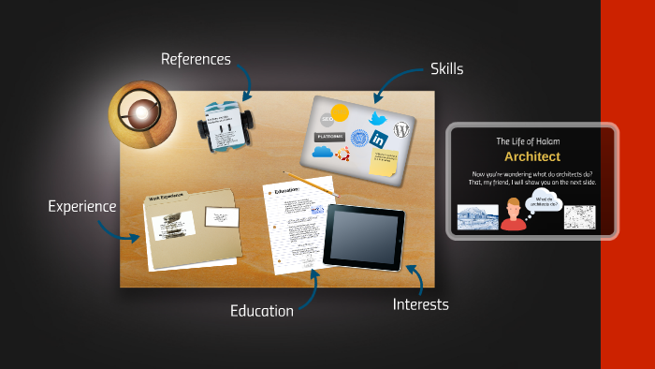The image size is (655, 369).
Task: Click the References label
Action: pyautogui.click(x=196, y=60)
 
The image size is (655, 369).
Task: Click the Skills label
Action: pyautogui.click(x=446, y=68)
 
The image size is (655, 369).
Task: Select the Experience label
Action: pyautogui.click(x=82, y=206)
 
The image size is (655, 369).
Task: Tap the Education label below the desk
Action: pyautogui.click(x=262, y=310)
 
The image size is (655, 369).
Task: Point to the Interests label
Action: pyautogui.click(x=420, y=304)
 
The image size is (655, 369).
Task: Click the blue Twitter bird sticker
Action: pyautogui.click(x=378, y=119)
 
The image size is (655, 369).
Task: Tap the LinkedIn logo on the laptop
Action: pyautogui.click(x=379, y=139)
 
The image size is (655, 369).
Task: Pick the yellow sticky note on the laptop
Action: pyautogui.click(x=383, y=163)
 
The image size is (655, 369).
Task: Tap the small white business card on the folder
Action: pyautogui.click(x=221, y=218)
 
